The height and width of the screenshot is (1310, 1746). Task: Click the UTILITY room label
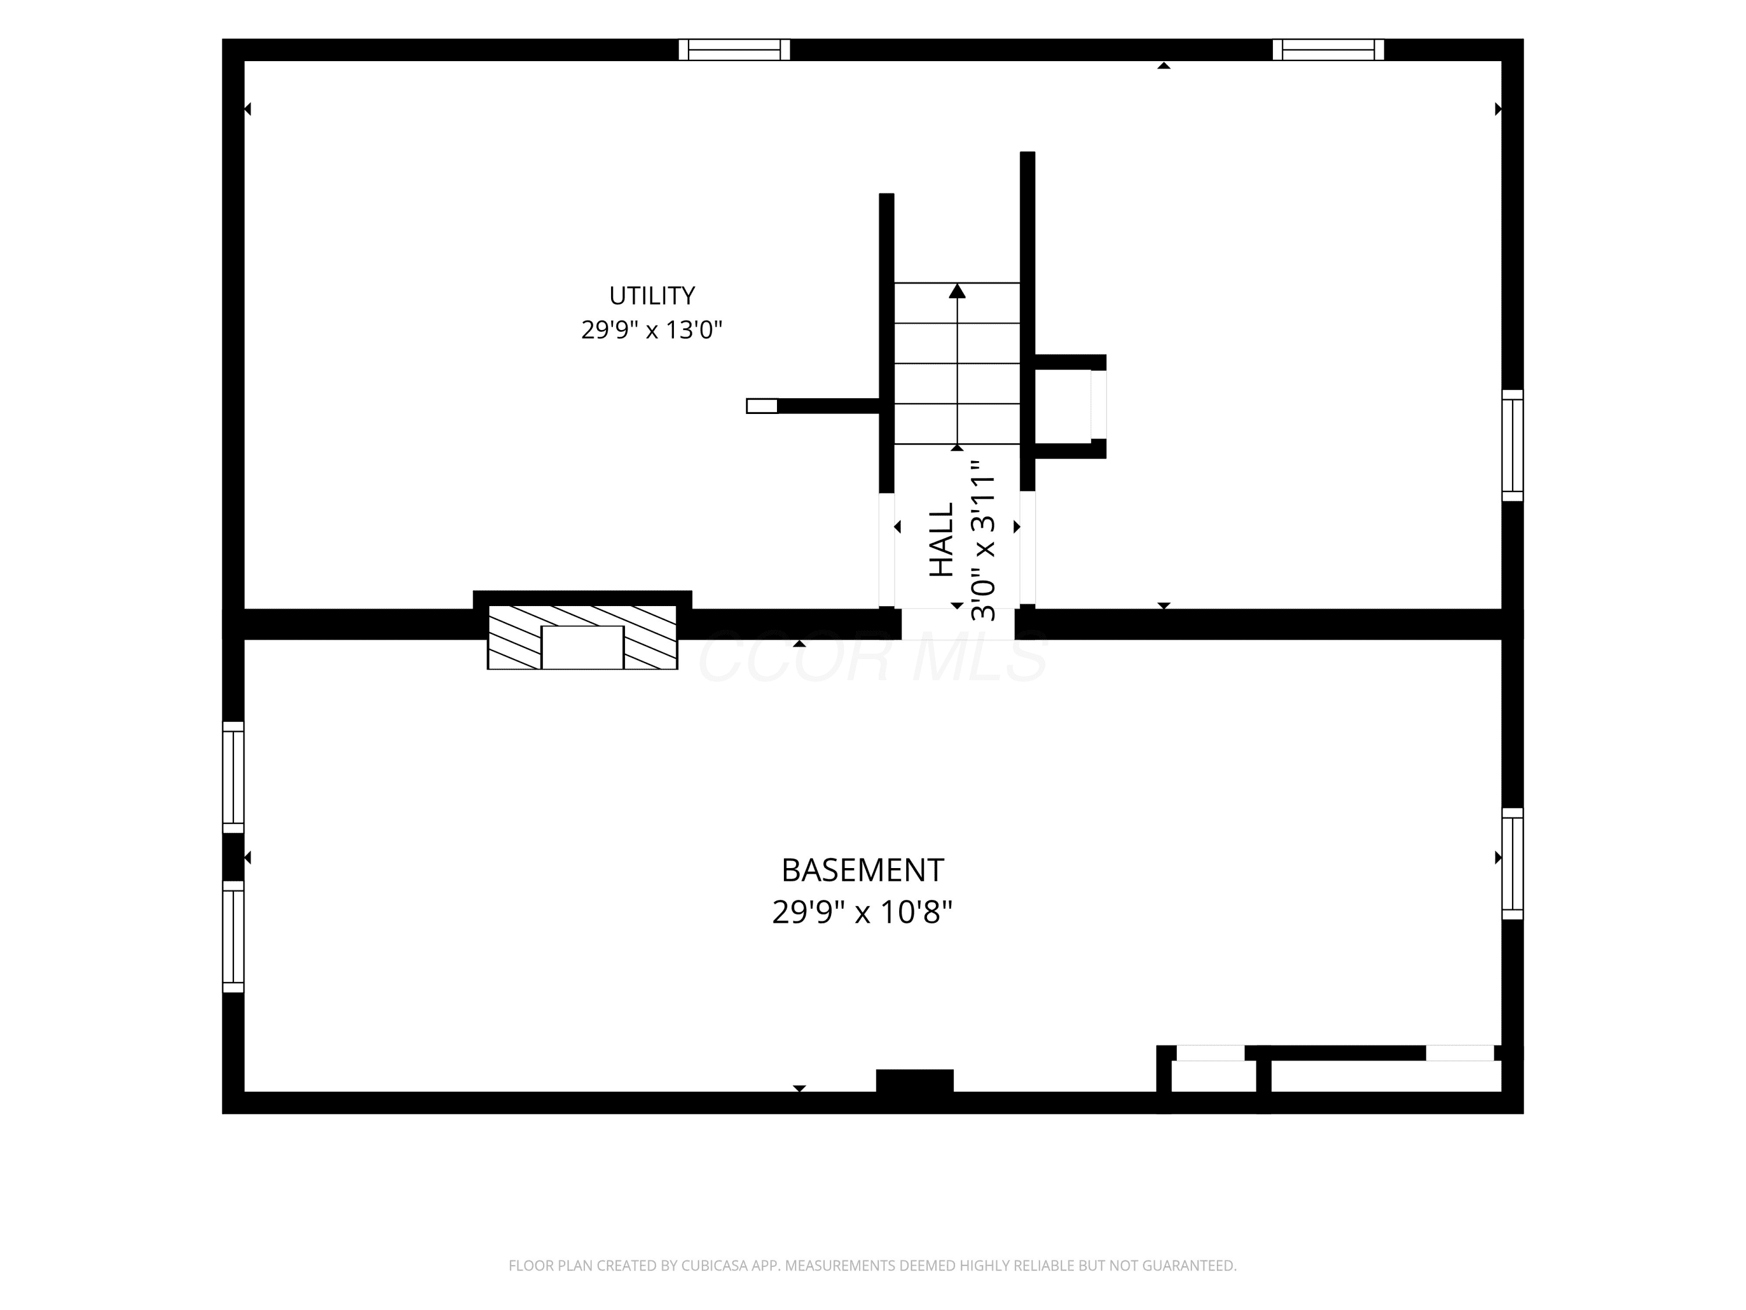[x=652, y=295]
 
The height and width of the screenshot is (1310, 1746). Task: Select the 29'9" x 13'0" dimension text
[x=652, y=330]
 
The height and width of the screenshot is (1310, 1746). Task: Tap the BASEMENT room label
[x=862, y=870]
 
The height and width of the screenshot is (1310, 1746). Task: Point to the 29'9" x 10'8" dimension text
[x=862, y=912]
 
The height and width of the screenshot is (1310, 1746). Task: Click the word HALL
[x=942, y=540]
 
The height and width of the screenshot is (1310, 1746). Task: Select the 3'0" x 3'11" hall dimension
[x=983, y=540]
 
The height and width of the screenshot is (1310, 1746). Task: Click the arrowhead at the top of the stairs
[x=957, y=291]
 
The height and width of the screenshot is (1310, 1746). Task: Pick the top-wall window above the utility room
[x=734, y=49]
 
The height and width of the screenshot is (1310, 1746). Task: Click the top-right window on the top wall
[x=1329, y=49]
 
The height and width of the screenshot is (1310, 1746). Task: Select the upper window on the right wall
[x=1513, y=445]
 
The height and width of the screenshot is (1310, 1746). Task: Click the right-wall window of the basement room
[x=1513, y=864]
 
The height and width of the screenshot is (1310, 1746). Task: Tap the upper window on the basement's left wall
[x=233, y=777]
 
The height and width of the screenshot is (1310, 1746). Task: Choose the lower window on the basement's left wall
[x=233, y=936]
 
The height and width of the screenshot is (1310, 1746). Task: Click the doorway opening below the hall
[x=957, y=624]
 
